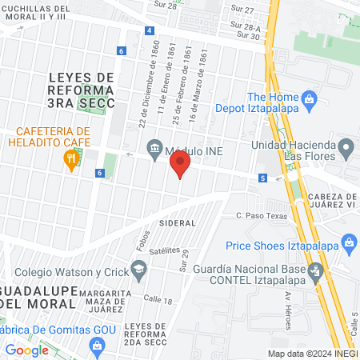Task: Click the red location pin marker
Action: (180, 166)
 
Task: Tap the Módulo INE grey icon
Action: (154, 148)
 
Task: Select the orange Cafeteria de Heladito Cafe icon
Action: (71, 159)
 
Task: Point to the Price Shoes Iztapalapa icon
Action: (348, 242)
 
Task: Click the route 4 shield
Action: (150, 30)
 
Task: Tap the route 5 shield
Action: (262, 178)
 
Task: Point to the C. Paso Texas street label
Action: (260, 215)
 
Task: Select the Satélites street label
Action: (165, 250)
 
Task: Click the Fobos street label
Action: (144, 240)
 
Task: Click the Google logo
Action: (27, 350)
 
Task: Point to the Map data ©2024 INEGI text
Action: (312, 354)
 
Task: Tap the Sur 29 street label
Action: (183, 259)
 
